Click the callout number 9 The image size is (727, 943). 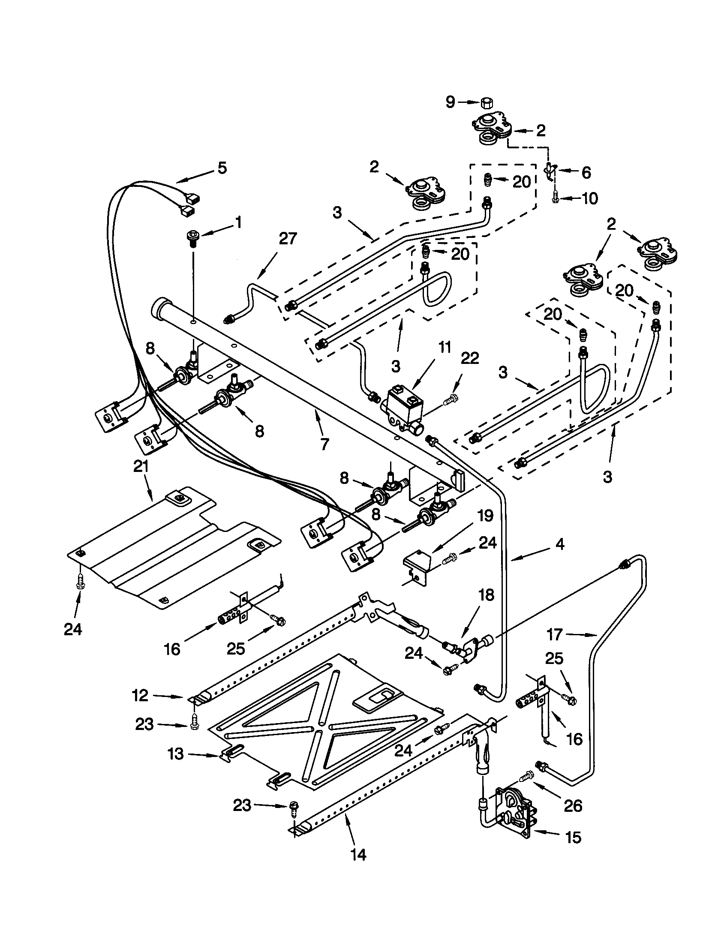(450, 102)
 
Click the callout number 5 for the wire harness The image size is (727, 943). (222, 168)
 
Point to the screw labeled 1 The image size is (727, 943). (191, 237)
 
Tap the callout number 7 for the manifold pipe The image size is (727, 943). (324, 444)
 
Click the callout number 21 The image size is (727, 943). (141, 467)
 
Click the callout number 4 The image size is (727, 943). (559, 545)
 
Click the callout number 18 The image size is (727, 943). (487, 595)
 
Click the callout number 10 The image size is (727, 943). (589, 198)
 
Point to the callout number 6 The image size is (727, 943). (586, 173)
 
